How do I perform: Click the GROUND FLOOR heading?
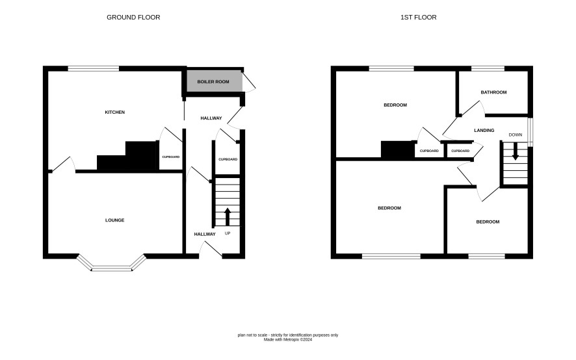point(133,18)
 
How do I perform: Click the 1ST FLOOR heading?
point(419,18)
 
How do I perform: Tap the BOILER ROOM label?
point(213,81)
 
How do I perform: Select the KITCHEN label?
point(115,112)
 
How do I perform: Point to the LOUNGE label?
point(115,220)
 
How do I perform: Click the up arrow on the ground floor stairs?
point(228,217)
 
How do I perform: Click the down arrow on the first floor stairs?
point(516,151)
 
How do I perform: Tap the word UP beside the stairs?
point(228,233)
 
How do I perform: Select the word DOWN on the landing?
point(516,135)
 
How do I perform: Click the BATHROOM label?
point(493,92)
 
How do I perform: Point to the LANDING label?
point(484,130)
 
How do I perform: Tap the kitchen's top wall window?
point(94,68)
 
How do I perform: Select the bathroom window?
point(488,68)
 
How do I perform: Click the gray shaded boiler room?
point(215,81)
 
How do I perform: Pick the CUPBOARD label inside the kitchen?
point(171,157)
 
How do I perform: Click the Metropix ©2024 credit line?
point(288,340)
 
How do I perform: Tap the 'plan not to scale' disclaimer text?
point(288,335)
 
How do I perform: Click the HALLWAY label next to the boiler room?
point(211,118)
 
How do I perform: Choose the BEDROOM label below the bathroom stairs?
point(488,222)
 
